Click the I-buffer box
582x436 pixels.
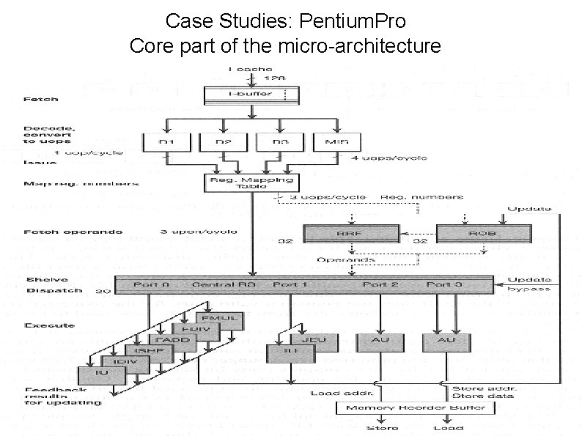252,95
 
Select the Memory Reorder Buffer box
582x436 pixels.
380,407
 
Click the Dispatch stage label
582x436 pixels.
44,290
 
